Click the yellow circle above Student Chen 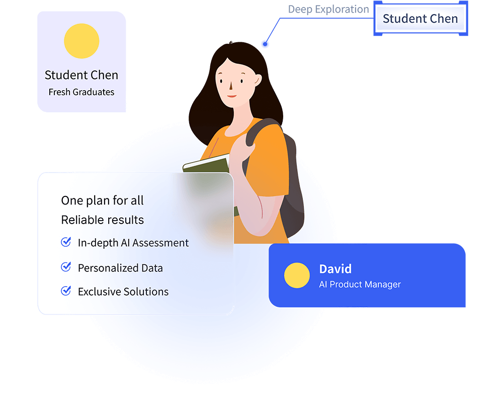pyautogui.click(x=81, y=41)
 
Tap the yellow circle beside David pyautogui.click(x=297, y=275)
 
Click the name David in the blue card pyautogui.click(x=335, y=269)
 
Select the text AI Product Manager pyautogui.click(x=360, y=284)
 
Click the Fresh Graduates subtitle pyautogui.click(x=81, y=92)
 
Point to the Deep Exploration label pyautogui.click(x=328, y=9)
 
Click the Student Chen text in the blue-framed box pyautogui.click(x=420, y=19)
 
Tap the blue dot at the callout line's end pyautogui.click(x=265, y=44)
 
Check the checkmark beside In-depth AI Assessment pyautogui.click(x=66, y=242)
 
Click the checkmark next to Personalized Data pyautogui.click(x=66, y=266)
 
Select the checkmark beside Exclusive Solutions pyautogui.click(x=66, y=290)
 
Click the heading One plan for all pyautogui.click(x=102, y=200)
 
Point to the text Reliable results pyautogui.click(x=102, y=220)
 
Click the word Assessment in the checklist pyautogui.click(x=160, y=243)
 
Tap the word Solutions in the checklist pyautogui.click(x=146, y=292)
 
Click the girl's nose pyautogui.click(x=231, y=86)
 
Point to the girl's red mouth pyautogui.click(x=231, y=96)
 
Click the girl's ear pyautogui.click(x=258, y=79)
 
